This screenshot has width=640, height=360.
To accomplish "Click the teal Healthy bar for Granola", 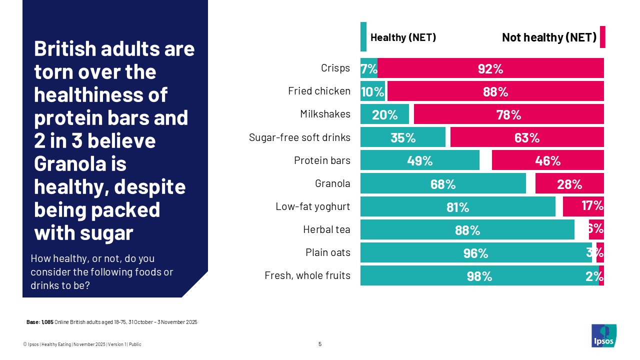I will pyautogui.click(x=443, y=183).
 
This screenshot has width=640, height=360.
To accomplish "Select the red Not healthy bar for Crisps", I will pyautogui.click(x=490, y=68).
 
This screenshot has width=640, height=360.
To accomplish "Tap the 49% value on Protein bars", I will pyautogui.click(x=419, y=161).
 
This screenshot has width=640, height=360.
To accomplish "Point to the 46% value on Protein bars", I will pyautogui.click(x=547, y=161).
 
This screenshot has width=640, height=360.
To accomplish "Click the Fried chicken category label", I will pyautogui.click(x=319, y=91).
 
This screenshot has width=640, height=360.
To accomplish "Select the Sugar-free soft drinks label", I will pyautogui.click(x=299, y=137).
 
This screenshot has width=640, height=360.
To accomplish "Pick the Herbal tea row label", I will pyautogui.click(x=326, y=229).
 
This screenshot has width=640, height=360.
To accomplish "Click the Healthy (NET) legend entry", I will pyautogui.click(x=402, y=37).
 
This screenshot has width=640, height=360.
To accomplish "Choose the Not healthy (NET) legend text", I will pyautogui.click(x=548, y=37).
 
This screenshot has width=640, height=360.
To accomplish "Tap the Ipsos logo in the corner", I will pyautogui.click(x=603, y=335).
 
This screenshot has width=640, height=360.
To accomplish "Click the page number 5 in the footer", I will pyautogui.click(x=320, y=344).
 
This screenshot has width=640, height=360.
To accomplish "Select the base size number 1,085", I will pyautogui.click(x=46, y=322).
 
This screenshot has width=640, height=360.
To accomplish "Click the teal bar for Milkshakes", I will pyautogui.click(x=384, y=114).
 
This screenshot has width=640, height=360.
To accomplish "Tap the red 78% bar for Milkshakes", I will pyautogui.click(x=508, y=114).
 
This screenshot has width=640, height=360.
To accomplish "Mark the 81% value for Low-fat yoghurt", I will pyautogui.click(x=457, y=207).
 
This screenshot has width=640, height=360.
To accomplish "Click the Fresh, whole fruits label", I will pyautogui.click(x=307, y=275).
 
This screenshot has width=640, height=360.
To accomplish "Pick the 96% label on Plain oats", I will pyautogui.click(x=475, y=253).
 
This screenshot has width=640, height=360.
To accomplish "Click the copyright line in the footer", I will pyautogui.click(x=85, y=344).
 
